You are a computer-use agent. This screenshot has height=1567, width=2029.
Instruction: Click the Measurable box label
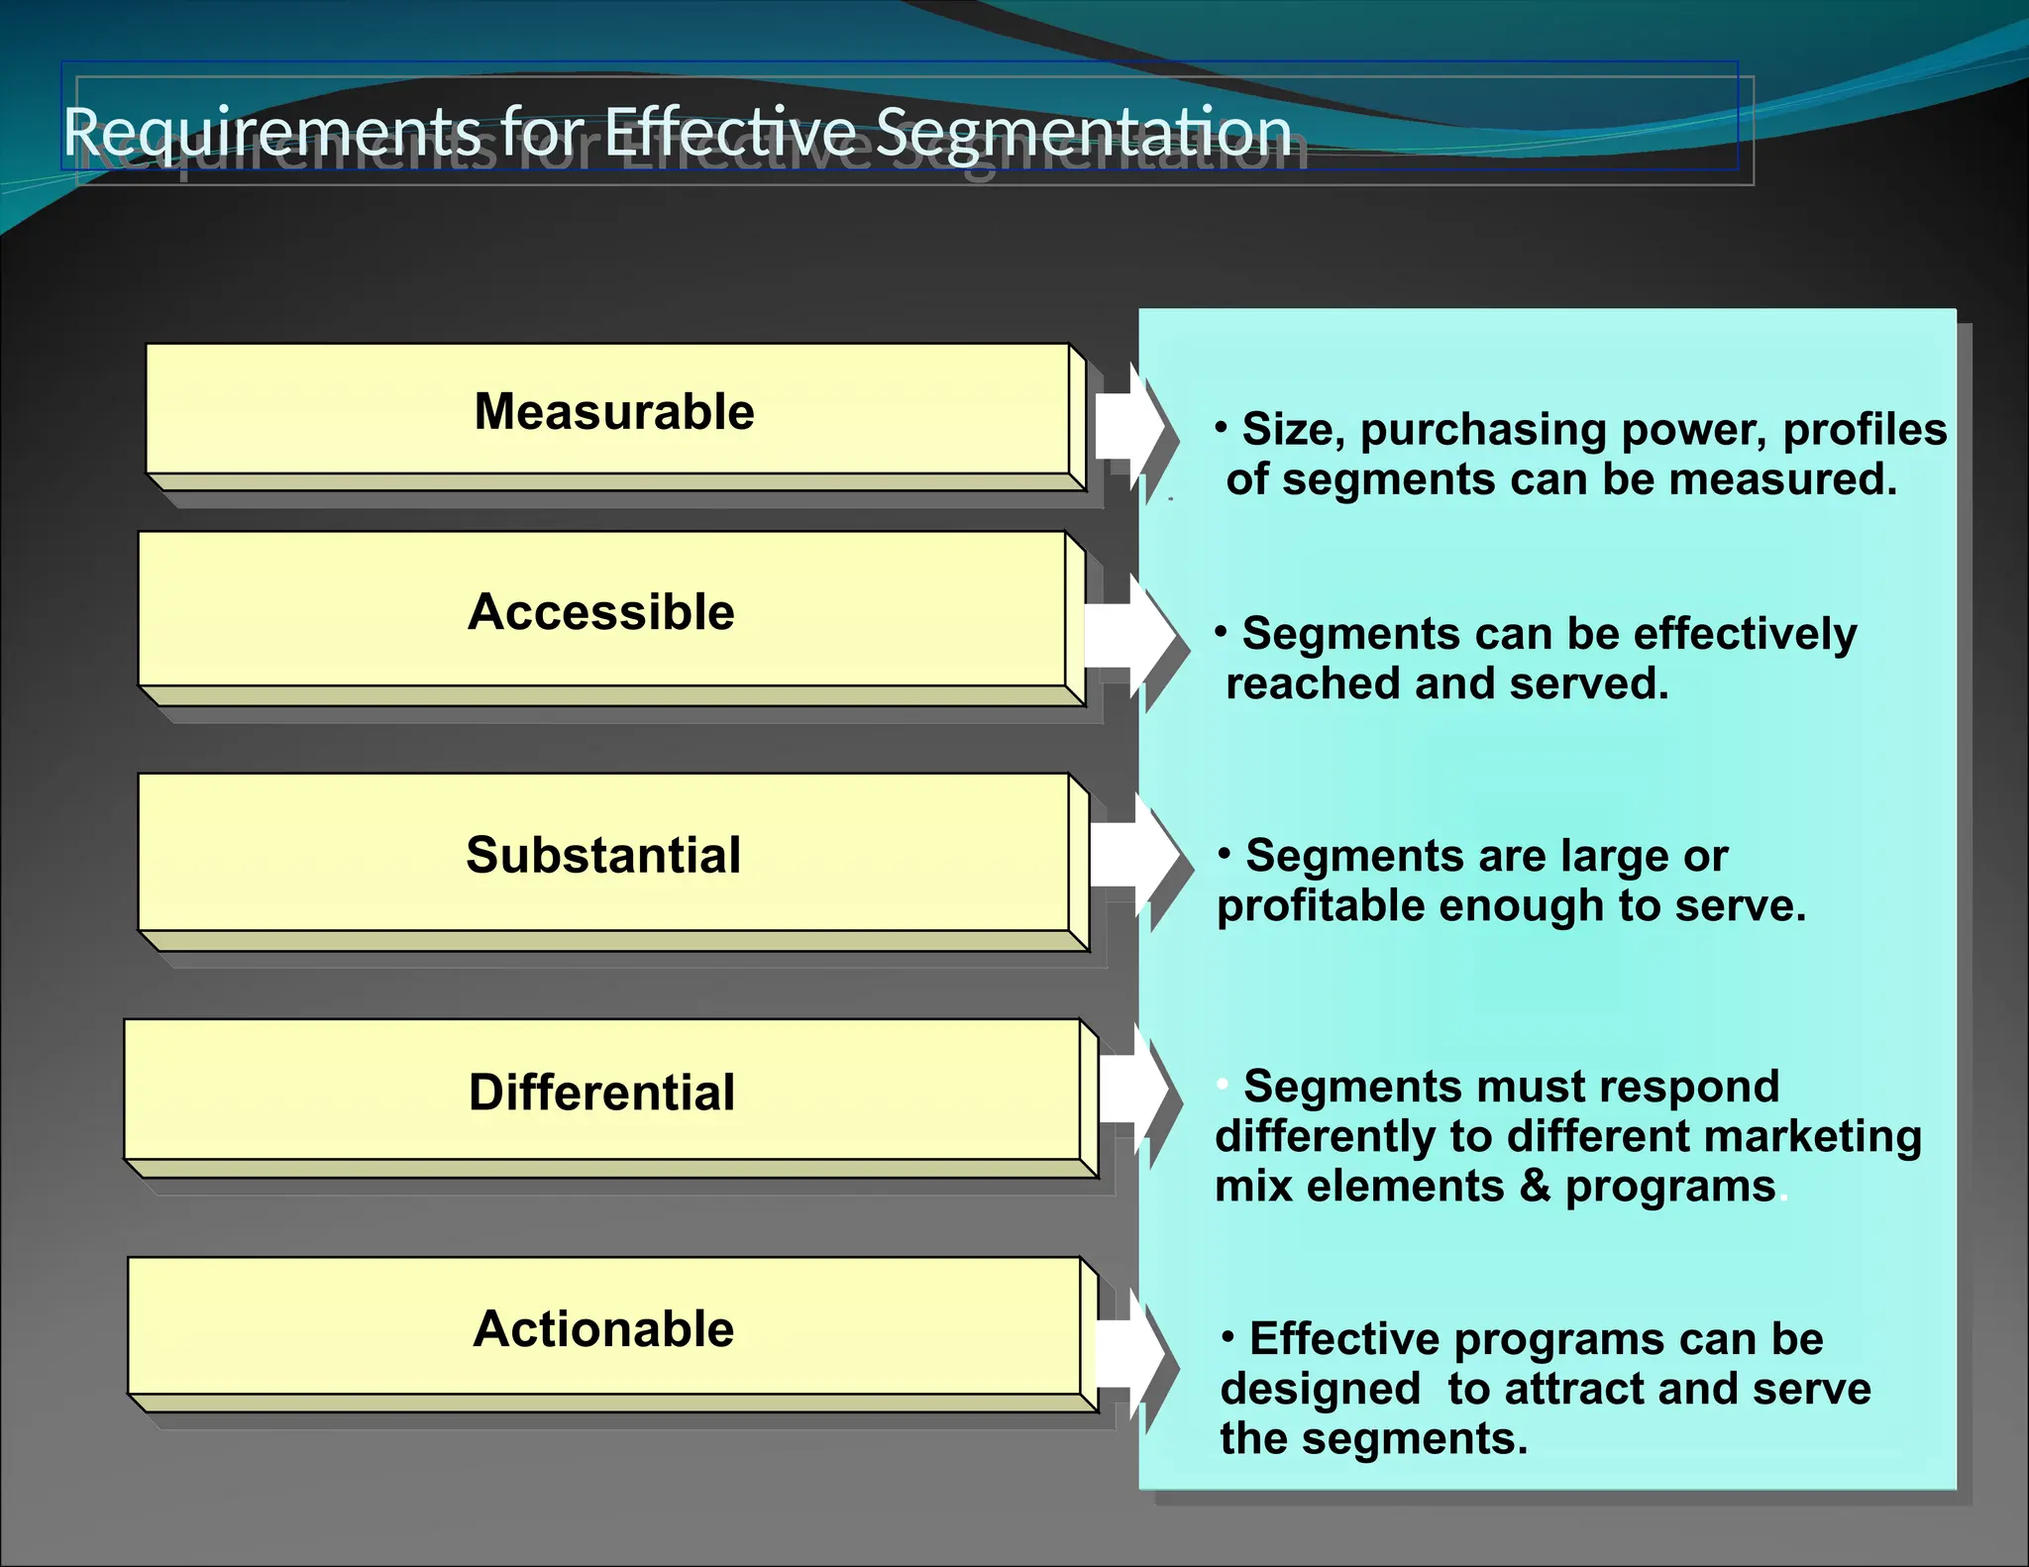click(614, 411)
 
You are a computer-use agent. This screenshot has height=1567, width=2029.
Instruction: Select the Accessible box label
click(601, 611)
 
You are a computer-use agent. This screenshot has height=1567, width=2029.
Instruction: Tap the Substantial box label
click(603, 855)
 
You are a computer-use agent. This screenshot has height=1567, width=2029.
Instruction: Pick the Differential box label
click(601, 1093)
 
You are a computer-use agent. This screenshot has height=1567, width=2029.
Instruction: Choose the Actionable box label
click(603, 1328)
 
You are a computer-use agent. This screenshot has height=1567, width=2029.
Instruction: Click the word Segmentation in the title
click(1084, 133)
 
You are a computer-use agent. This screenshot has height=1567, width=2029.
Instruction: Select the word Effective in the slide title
click(730, 131)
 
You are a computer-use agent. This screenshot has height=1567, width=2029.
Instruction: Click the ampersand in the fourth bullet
click(1535, 1186)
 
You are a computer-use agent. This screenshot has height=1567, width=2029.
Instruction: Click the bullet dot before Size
click(1222, 428)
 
